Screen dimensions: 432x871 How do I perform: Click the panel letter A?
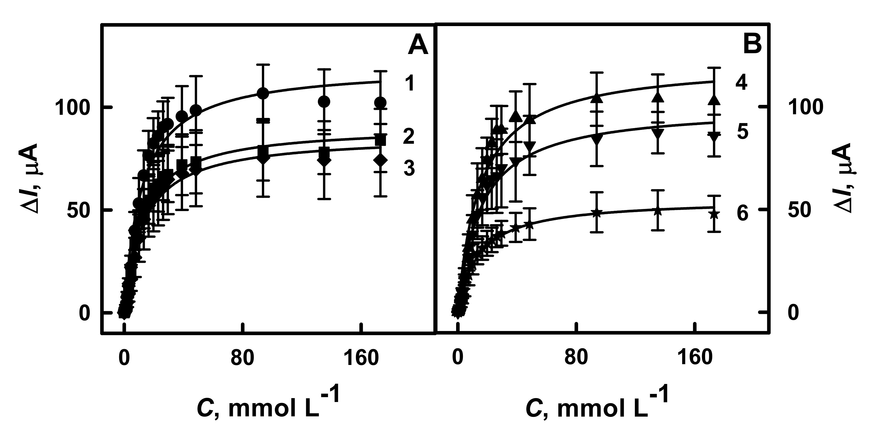pyautogui.click(x=418, y=46)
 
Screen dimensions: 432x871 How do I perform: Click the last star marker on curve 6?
pyautogui.click(x=714, y=214)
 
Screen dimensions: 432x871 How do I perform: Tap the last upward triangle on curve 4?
pyautogui.click(x=714, y=100)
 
